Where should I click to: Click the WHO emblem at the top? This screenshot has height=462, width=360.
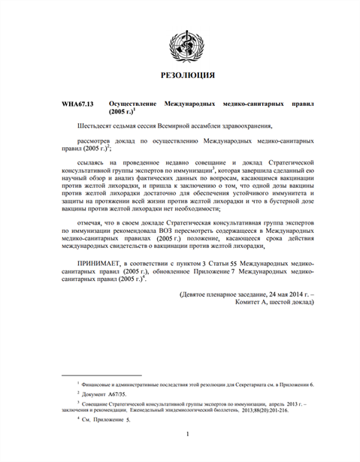pyautogui.click(x=181, y=43)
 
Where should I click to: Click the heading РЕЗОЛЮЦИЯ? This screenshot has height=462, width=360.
pyautogui.click(x=181, y=75)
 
